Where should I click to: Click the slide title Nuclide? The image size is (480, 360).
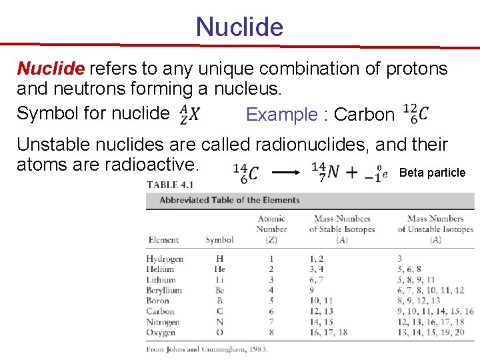tap(239, 27)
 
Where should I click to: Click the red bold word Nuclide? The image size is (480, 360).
tap(51, 69)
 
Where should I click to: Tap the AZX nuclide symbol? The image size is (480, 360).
tap(189, 114)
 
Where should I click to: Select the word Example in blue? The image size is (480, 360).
tap(281, 115)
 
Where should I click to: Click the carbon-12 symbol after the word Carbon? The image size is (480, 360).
tap(416, 113)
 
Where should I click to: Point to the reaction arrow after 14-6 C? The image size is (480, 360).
tap(286, 172)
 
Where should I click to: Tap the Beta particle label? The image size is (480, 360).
tap(432, 173)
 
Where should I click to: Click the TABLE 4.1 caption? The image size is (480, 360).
tap(171, 185)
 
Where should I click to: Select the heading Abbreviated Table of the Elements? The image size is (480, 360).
tap(229, 200)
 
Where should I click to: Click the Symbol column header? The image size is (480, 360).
tap(219, 240)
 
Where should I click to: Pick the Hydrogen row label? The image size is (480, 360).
tap(165, 259)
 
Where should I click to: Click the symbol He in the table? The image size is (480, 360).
tap(219, 269)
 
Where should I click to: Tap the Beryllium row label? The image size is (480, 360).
tap(164, 290)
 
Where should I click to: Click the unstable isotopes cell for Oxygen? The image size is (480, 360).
tap(431, 332)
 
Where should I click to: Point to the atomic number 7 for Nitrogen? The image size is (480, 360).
tap(271, 322)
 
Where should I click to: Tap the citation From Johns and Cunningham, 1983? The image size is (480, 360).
tap(207, 348)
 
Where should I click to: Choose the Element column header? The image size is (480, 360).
tap(163, 240)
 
